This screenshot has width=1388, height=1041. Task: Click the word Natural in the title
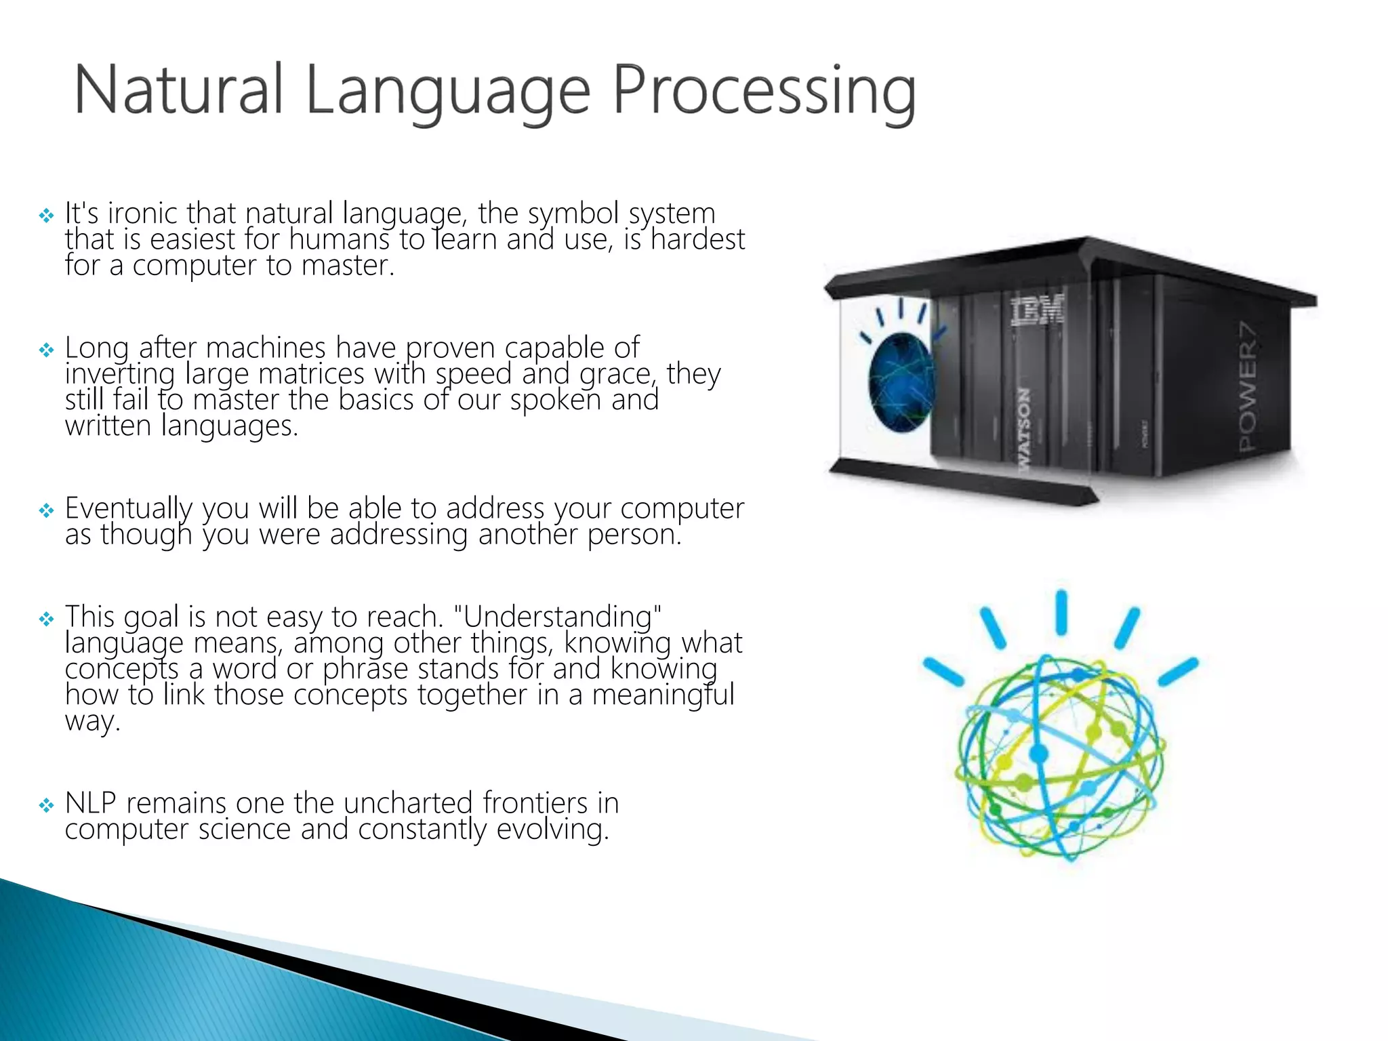[x=178, y=89]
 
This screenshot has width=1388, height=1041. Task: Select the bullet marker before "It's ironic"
[x=46, y=216]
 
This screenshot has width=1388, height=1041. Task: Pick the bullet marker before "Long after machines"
[x=46, y=350]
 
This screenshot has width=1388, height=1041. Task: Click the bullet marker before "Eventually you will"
[x=46, y=510]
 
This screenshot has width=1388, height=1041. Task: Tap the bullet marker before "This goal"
[x=46, y=619]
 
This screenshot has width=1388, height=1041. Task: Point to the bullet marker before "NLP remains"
[x=46, y=805]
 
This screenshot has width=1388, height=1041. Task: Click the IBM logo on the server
[x=1038, y=310]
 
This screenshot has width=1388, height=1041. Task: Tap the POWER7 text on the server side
[x=1248, y=386]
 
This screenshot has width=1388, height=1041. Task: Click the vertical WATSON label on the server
[x=1024, y=427]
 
